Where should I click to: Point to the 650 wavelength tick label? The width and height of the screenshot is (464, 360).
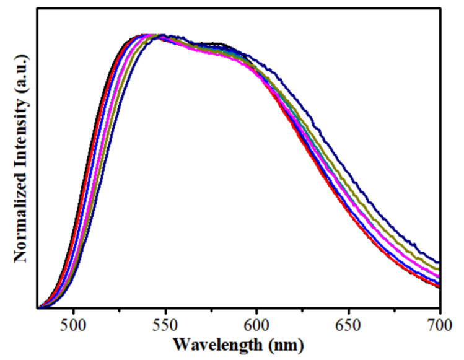348,323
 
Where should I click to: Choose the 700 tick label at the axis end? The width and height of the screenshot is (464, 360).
439,323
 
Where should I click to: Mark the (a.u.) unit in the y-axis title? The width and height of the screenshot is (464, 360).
22,71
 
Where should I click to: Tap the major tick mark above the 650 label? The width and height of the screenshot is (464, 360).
348,304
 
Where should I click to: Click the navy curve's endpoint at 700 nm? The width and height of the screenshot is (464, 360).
439,263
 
